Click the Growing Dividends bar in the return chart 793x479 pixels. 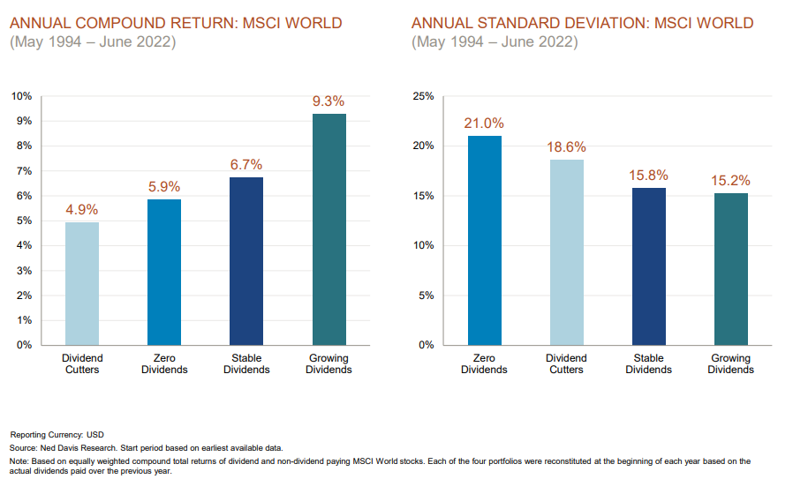pos(329,229)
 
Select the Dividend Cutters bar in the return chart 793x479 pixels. pos(82,283)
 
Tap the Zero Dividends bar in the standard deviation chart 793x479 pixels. pos(484,240)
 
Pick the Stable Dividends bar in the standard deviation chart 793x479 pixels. pos(648,266)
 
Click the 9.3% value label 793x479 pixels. pos(329,101)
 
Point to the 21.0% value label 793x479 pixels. pos(484,123)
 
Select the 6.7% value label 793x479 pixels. pos(246,165)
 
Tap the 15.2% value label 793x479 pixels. pos(730,181)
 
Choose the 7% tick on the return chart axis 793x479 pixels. pos(24,170)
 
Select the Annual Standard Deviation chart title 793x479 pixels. pos(582,23)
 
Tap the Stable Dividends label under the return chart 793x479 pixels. pos(246,363)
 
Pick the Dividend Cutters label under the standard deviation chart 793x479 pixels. pos(566,363)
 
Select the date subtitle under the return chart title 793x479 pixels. pos(93,41)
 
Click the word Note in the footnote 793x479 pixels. pos(19,461)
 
